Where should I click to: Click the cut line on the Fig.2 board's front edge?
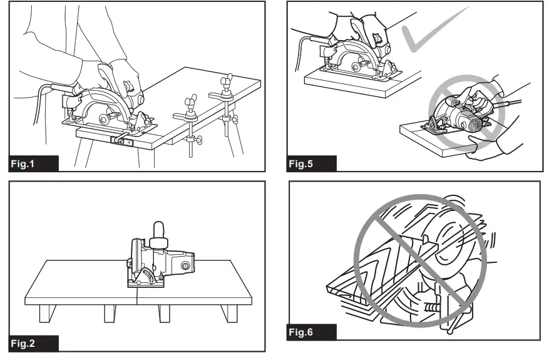click(x=137, y=300)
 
